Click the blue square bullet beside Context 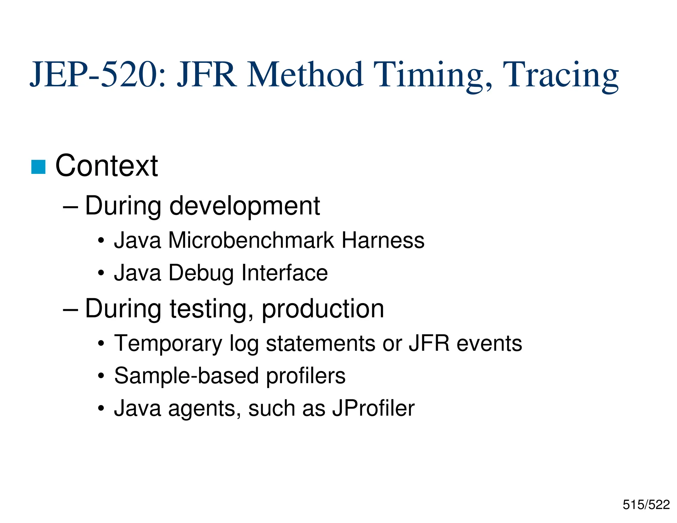coord(38,167)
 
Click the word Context coord(106,166)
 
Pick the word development coord(245,206)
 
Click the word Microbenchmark coord(251,240)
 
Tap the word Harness coord(383,240)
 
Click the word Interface coord(285,273)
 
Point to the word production coord(323,309)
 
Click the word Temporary coord(168,343)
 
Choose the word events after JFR coord(489,343)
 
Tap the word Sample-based coord(186,376)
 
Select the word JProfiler coord(373,408)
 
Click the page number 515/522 coord(646,505)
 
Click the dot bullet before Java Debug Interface coord(101,273)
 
